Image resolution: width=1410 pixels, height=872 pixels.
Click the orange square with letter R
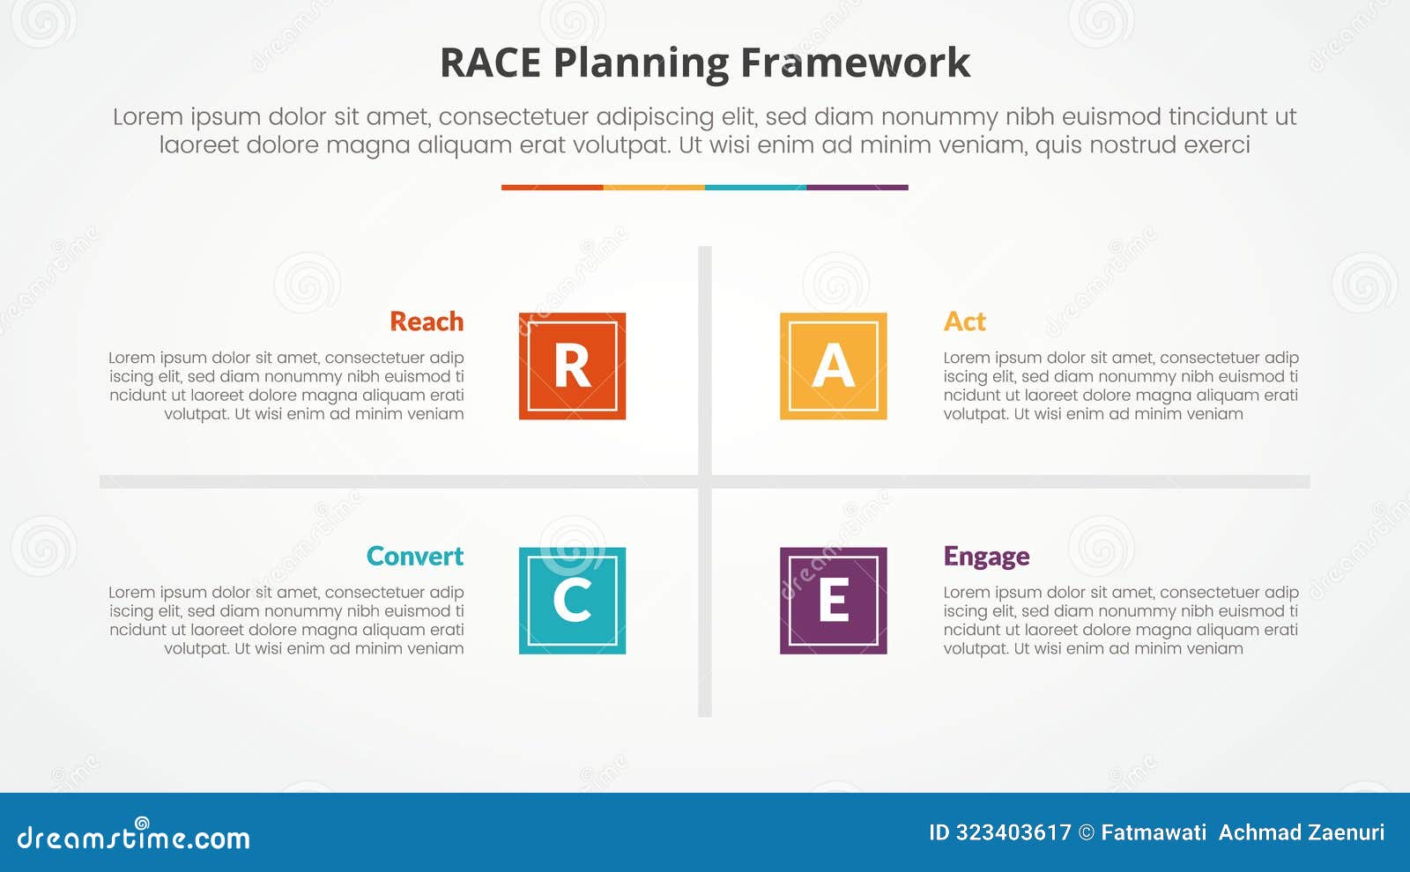click(x=572, y=366)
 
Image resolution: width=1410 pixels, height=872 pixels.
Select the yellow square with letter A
click(x=833, y=366)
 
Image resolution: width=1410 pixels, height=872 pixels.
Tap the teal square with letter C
click(x=572, y=601)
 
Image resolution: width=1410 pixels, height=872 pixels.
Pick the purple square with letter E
click(x=833, y=601)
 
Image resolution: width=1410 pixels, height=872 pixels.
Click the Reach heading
click(x=427, y=321)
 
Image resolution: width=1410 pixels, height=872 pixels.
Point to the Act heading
click(x=964, y=321)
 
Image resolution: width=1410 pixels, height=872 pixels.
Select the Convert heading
click(x=414, y=557)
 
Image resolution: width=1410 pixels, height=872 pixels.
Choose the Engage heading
click(x=986, y=557)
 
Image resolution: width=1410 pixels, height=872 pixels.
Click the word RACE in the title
click(x=490, y=63)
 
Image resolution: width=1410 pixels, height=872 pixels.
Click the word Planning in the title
click(x=641, y=64)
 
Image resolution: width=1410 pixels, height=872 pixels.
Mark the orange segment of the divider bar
click(x=552, y=188)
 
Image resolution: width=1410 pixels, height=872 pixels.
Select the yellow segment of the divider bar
click(x=654, y=188)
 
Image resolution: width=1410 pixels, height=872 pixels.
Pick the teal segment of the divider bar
click(x=755, y=188)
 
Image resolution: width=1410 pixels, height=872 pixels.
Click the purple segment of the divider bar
click(x=857, y=188)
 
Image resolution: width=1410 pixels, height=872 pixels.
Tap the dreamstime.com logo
click(x=134, y=837)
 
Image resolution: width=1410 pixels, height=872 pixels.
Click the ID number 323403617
click(x=1013, y=832)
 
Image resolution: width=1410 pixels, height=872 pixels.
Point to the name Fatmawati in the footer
click(x=1154, y=832)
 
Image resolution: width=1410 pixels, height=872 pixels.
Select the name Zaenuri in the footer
click(x=1345, y=832)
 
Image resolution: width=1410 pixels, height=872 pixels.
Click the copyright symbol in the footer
click(x=1087, y=832)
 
